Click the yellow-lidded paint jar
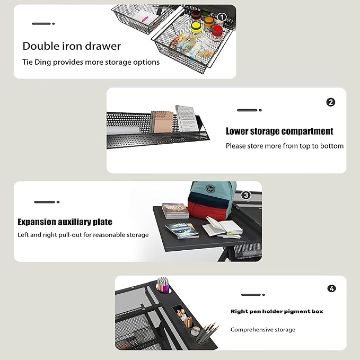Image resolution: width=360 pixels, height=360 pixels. (x=196, y=29)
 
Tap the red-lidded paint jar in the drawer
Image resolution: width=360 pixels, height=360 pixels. (x=217, y=32)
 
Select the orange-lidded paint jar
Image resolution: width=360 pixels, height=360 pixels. (x=209, y=23)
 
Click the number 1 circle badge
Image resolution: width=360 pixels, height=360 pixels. (x=221, y=17)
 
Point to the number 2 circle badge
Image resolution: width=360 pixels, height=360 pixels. (x=331, y=102)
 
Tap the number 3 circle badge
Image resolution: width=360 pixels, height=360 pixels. (x=246, y=195)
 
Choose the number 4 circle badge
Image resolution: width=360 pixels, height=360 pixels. (x=331, y=288)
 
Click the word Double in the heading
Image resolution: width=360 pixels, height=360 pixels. (x=41, y=46)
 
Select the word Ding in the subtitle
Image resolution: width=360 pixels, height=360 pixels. (x=43, y=62)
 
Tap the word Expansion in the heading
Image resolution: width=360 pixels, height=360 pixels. (x=37, y=222)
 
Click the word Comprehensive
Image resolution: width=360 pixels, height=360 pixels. (x=252, y=330)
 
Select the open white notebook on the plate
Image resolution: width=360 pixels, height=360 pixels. (x=223, y=227)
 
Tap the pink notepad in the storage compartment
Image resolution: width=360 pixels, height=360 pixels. (x=162, y=122)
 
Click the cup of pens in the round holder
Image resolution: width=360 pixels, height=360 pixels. (x=163, y=285)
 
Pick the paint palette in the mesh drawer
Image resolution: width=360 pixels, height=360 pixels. (x=183, y=41)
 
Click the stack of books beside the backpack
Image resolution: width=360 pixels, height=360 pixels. (x=175, y=211)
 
